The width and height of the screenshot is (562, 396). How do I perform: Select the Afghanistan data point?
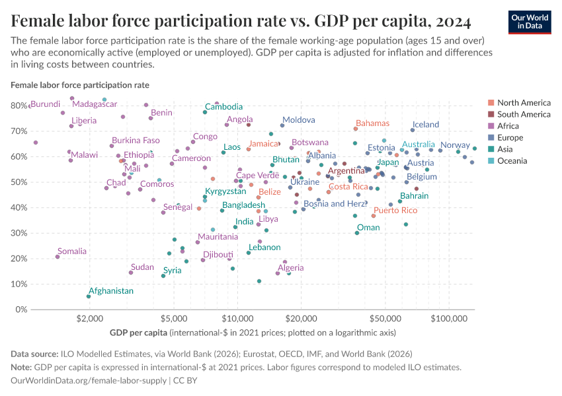89,296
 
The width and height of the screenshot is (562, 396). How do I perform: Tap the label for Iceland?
425,124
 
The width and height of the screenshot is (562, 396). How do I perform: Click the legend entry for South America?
524,114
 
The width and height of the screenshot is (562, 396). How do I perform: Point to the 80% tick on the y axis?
19,106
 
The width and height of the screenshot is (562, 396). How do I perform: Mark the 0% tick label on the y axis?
22,310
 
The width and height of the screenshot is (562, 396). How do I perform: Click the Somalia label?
71,251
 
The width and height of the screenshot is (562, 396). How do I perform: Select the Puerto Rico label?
395,211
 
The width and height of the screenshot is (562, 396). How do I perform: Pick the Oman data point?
357,232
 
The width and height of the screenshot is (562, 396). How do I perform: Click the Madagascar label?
95,104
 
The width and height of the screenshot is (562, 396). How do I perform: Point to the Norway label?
455,145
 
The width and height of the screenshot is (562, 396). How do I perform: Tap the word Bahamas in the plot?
372,123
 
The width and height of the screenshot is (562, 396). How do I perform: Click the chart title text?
241,21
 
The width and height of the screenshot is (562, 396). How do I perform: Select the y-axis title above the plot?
80,84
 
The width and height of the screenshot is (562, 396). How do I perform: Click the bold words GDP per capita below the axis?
138,331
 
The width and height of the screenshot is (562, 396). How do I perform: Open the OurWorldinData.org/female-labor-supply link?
89,380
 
